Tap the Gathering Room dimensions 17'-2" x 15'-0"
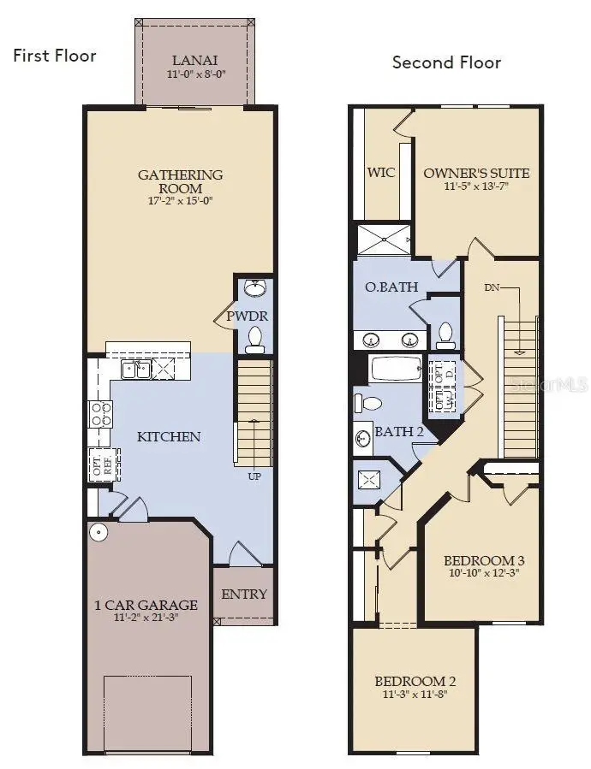pos(181,202)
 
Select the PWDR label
pos(248,316)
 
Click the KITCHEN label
pos(169,436)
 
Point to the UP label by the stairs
pos(254,476)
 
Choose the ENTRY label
pos(244,594)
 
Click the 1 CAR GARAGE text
pos(146,605)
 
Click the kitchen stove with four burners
pos(101,414)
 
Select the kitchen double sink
pos(137,370)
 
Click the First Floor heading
pos(54,56)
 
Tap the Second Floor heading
pos(446,62)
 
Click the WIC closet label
pos(381,172)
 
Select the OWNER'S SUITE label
pos(476,173)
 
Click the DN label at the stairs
pos(492,287)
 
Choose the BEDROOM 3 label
pos(484,560)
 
